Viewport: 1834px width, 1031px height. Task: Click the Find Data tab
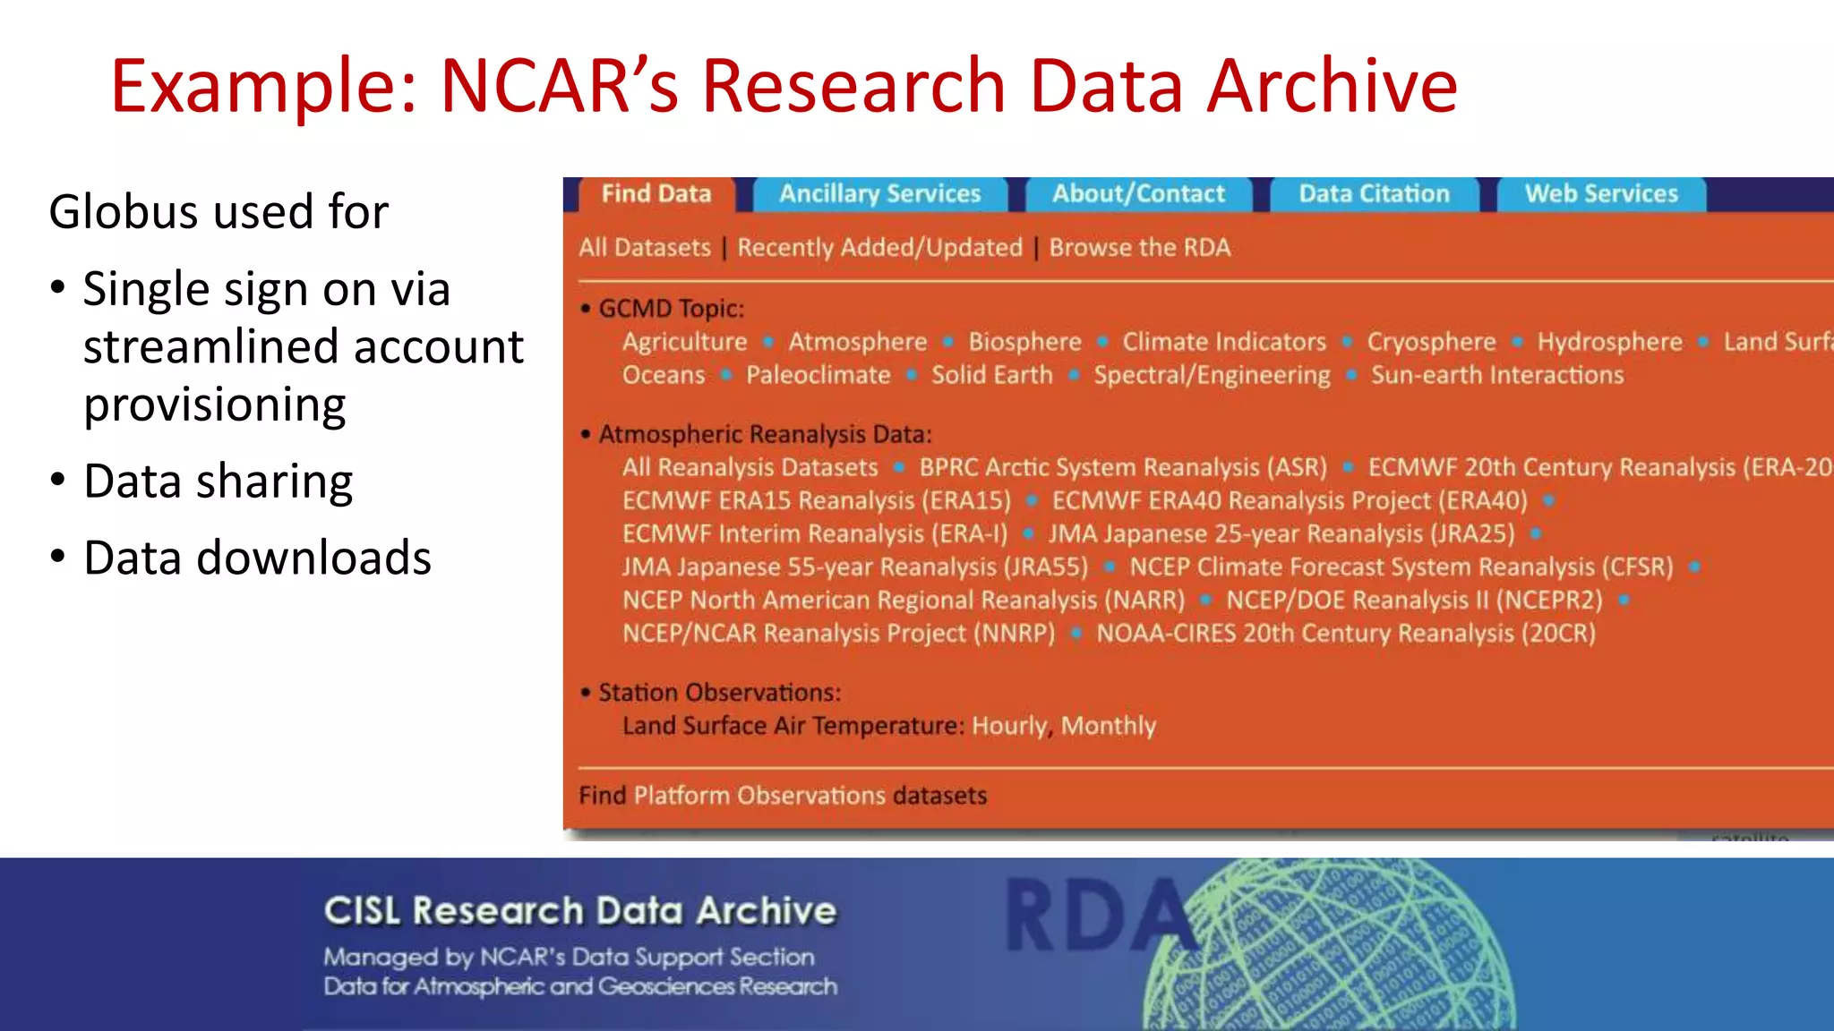click(656, 194)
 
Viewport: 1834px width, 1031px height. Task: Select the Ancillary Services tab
click(880, 194)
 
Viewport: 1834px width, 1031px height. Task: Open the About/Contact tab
click(1138, 194)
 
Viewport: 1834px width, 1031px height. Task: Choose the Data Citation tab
click(1374, 194)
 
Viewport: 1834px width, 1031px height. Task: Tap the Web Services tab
click(1601, 194)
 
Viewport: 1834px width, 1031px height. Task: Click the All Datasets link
click(645, 248)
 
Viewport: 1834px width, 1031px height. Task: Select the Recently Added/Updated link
click(879, 248)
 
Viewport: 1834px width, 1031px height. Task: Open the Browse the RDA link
click(1139, 248)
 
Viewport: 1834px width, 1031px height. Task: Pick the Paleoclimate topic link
click(818, 375)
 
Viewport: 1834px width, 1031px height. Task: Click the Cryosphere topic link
click(1431, 342)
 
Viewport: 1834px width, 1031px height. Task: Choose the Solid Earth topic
click(991, 375)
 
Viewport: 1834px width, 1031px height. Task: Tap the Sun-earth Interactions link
click(1496, 375)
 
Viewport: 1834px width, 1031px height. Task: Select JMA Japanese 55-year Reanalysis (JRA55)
click(855, 567)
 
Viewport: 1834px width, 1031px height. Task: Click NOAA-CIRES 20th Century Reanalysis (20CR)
click(1346, 634)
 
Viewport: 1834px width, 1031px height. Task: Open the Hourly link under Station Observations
click(1008, 726)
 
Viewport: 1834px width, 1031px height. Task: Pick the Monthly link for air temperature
click(1108, 726)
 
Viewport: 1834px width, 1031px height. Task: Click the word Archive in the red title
click(1332, 86)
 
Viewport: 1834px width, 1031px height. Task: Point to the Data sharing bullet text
click(218, 481)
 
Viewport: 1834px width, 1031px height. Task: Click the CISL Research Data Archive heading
click(579, 911)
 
